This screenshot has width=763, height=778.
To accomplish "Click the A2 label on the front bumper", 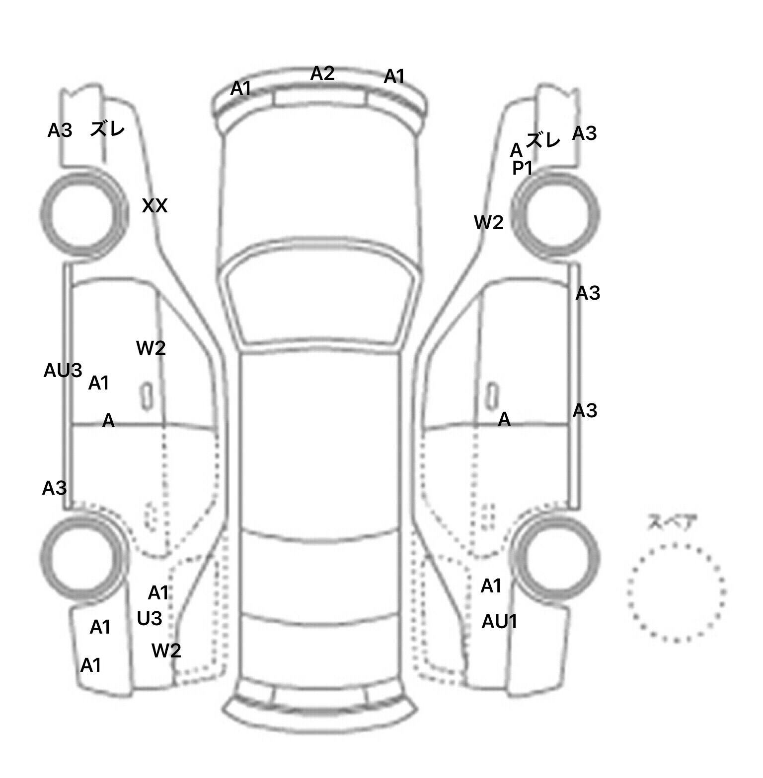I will [x=322, y=73].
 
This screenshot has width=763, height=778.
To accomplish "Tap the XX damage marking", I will [x=154, y=205].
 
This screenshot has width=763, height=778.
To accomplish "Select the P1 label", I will [x=522, y=168].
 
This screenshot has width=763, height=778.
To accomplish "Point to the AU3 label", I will [x=63, y=370].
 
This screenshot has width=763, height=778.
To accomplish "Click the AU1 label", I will [x=499, y=622].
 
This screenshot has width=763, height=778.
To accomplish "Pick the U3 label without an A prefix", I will [x=149, y=618].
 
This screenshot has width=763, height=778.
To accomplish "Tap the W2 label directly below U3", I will [x=166, y=650].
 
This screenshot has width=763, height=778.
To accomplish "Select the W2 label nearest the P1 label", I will [x=489, y=223].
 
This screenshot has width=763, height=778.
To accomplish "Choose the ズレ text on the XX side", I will [x=107, y=129].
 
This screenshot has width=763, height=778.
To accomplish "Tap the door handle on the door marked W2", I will [x=147, y=396].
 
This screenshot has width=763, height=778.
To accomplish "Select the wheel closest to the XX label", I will [x=83, y=215].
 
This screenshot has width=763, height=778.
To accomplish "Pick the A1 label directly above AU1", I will [x=491, y=586].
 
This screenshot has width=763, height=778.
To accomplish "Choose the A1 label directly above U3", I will [x=158, y=592].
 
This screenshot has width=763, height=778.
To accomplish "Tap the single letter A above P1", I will [x=516, y=149].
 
